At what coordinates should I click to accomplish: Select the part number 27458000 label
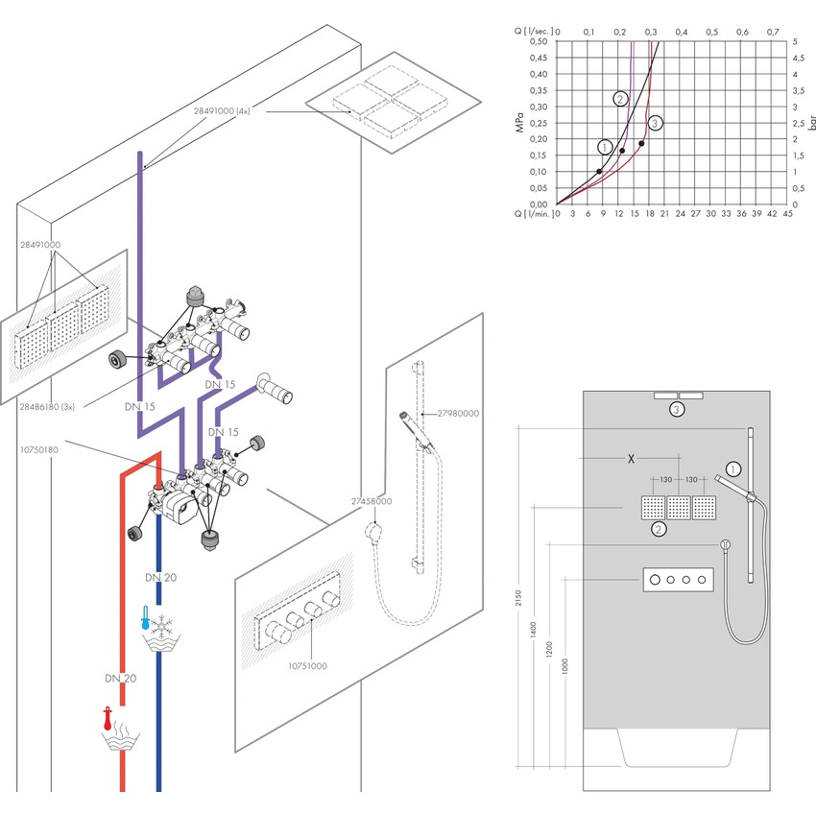point(370,501)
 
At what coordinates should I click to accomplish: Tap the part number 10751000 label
point(308,664)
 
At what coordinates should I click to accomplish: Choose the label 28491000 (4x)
point(222,111)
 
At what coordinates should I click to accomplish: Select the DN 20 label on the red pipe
point(120,678)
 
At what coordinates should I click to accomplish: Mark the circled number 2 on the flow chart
point(620,99)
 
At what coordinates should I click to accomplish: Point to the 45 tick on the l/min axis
point(788,214)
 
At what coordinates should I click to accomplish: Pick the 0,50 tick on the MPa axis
point(540,41)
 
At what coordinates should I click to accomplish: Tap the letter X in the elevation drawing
point(631,459)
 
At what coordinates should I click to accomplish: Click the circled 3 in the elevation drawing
point(677,409)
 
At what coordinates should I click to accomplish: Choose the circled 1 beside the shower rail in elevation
point(734,469)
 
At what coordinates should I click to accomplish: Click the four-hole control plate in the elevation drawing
point(678,579)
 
